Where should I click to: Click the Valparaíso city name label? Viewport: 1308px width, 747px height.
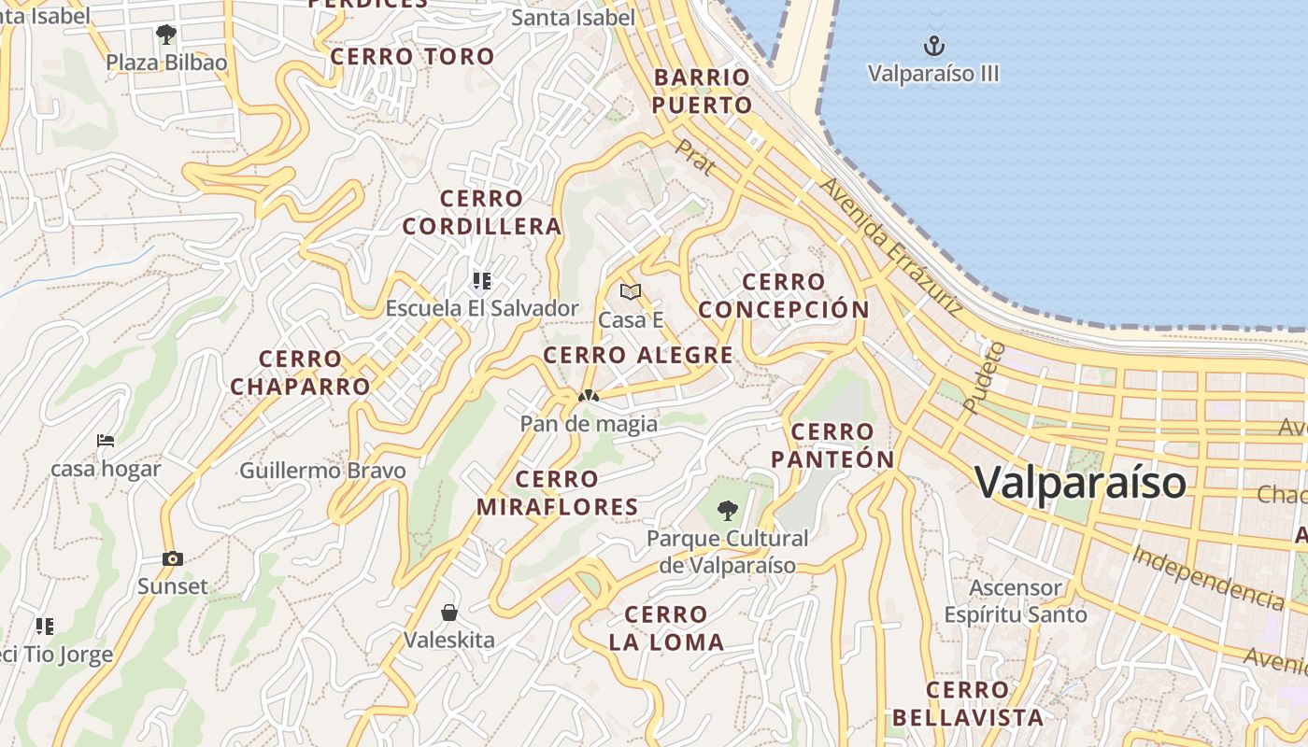pyautogui.click(x=1081, y=483)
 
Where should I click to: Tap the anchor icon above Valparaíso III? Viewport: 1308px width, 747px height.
pyautogui.click(x=933, y=45)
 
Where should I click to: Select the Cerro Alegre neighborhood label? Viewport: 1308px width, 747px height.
pyautogui.click(x=638, y=355)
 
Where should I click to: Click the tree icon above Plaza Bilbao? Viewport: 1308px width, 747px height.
pyautogui.click(x=166, y=35)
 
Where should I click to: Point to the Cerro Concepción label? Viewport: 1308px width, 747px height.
pyautogui.click(x=784, y=295)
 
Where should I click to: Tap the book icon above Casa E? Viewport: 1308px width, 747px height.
pyautogui.click(x=631, y=292)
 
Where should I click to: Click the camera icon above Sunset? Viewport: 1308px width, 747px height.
pyautogui.click(x=173, y=558)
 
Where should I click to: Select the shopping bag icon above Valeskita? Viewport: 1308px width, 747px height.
pyautogui.click(x=449, y=613)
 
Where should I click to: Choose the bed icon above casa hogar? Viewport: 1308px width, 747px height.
pyautogui.click(x=106, y=441)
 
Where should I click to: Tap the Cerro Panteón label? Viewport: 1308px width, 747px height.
pyautogui.click(x=832, y=445)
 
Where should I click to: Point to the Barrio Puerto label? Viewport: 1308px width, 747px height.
pyautogui.click(x=702, y=91)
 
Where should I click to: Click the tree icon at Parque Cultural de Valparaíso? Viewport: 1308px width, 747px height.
pyautogui.click(x=727, y=511)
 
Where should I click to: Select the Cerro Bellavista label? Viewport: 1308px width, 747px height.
pyautogui.click(x=967, y=703)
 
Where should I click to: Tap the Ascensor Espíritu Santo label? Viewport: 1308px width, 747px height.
pyautogui.click(x=1016, y=601)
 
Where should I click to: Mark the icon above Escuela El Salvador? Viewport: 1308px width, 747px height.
pyautogui.click(x=482, y=280)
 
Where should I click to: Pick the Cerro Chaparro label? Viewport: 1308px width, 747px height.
pyautogui.click(x=300, y=372)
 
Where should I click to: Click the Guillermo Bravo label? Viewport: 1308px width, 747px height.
pyautogui.click(x=322, y=470)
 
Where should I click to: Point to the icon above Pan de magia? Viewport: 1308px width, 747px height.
pyautogui.click(x=588, y=396)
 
